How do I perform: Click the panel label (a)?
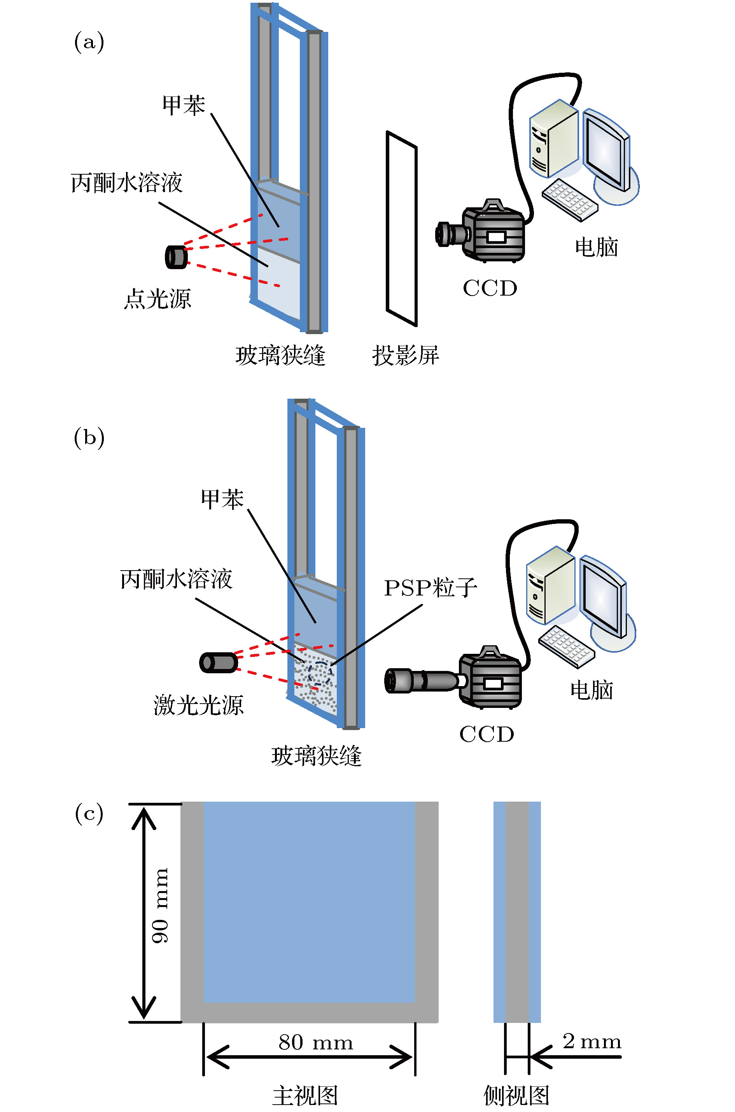(x=89, y=42)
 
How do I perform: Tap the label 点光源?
(x=157, y=299)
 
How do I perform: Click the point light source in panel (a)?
(x=176, y=257)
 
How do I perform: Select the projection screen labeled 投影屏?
(x=402, y=228)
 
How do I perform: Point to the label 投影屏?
(x=406, y=355)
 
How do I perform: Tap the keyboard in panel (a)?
(x=570, y=199)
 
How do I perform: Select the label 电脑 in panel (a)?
(x=597, y=247)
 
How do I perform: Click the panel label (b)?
(x=89, y=438)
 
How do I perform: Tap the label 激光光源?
(x=199, y=705)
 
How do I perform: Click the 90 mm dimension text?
(x=160, y=905)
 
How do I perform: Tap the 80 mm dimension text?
(x=315, y=1042)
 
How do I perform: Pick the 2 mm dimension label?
(x=592, y=1041)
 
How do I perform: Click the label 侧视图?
(x=516, y=1095)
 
